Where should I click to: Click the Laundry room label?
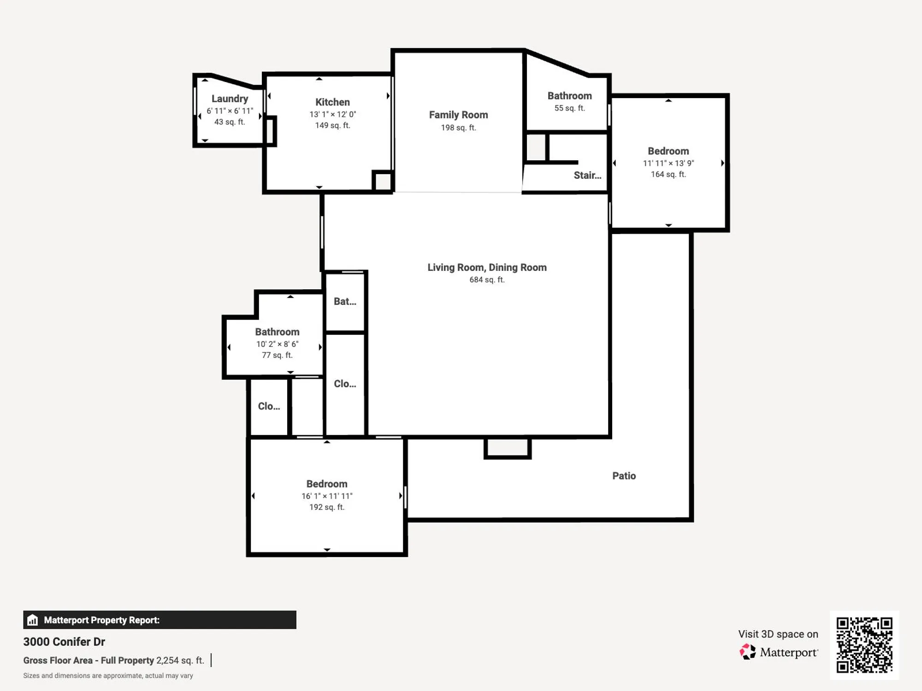click(230, 99)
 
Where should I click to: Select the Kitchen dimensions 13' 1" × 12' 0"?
click(332, 114)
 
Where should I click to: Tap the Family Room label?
click(458, 115)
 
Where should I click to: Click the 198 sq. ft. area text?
click(458, 128)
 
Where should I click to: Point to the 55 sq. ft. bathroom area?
click(569, 108)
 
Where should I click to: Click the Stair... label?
click(587, 175)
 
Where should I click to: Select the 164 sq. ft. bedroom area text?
click(668, 174)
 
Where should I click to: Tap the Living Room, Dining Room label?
click(487, 267)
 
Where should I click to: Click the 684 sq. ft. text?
click(487, 280)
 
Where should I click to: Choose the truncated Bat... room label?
click(345, 301)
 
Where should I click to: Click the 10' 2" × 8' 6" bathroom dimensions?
click(277, 344)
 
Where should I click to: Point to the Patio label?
click(624, 476)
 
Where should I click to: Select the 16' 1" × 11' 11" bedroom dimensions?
click(327, 496)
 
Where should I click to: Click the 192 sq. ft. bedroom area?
click(327, 507)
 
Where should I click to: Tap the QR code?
click(864, 645)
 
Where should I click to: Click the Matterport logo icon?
click(748, 652)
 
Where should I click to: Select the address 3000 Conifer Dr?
click(64, 642)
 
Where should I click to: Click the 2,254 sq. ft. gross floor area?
click(180, 660)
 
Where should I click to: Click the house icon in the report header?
click(32, 620)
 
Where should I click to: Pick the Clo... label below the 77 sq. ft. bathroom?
click(269, 406)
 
